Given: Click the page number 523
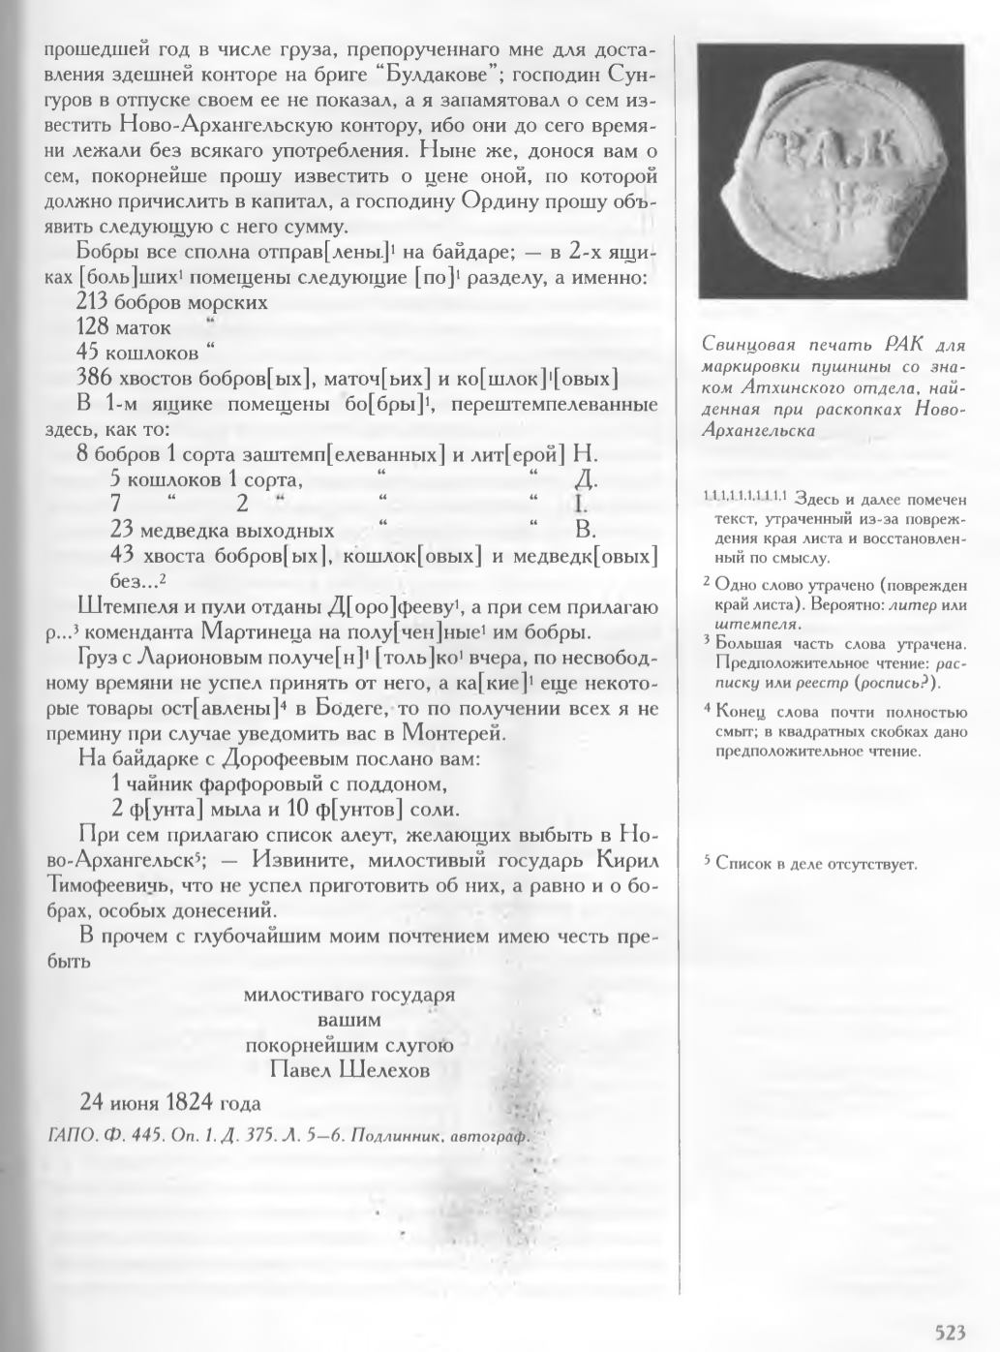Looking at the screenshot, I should pos(950,1332).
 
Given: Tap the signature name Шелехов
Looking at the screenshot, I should pos(380,1069).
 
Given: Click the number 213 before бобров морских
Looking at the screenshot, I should pos(93,302).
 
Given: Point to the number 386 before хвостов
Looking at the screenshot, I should pos(93,378).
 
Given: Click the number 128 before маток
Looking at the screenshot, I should pos(93,327).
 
